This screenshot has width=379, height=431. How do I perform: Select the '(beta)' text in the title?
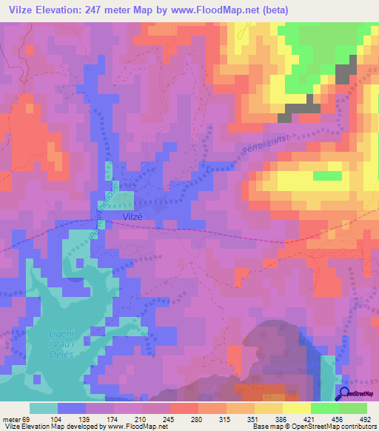click(272, 10)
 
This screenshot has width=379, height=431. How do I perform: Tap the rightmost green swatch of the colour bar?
click(352, 408)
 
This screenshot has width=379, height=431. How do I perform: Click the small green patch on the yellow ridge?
click(327, 176)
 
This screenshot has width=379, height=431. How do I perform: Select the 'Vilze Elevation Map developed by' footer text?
click(53, 426)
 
